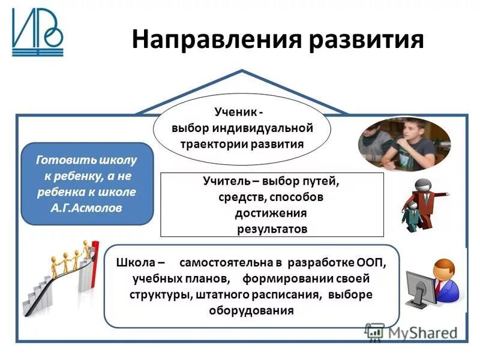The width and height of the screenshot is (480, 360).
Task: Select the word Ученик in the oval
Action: [235, 113]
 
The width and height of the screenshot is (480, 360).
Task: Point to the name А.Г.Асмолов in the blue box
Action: [88, 208]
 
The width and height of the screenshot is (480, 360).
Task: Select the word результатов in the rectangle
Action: [272, 229]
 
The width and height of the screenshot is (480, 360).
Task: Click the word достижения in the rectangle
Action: [272, 213]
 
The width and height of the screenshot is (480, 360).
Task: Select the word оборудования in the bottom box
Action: [251, 310]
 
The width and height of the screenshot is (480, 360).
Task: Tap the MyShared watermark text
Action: [420, 332]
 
